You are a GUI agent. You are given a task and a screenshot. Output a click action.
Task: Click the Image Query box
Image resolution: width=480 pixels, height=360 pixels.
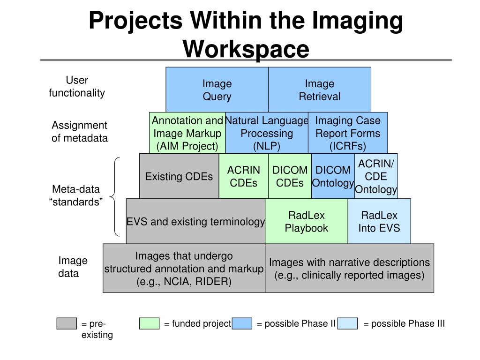coord(217,90)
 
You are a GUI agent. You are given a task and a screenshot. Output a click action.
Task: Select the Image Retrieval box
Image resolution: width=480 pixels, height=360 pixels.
coord(320,90)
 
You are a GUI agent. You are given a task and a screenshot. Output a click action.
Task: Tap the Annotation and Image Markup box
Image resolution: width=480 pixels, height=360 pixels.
coord(187,133)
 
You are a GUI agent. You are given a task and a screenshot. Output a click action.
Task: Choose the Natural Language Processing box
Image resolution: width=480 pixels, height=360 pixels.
coord(266,133)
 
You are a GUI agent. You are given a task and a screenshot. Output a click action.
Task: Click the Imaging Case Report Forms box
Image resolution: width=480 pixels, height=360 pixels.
coord(348,133)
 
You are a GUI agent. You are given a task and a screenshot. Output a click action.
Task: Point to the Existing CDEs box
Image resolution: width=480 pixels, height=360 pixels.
coord(179,176)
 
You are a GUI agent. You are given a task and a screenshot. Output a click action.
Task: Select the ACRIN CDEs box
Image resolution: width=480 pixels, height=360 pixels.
coord(243,176)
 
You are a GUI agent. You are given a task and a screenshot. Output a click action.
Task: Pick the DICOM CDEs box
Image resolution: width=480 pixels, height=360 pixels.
coord(290,176)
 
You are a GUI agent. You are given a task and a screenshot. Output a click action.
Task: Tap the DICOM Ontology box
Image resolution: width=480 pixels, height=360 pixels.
coord(333,176)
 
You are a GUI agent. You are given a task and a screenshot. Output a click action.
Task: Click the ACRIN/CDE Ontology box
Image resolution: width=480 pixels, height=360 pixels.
coord(376,176)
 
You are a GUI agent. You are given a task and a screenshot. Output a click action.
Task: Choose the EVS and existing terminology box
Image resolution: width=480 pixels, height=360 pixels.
coord(195,221)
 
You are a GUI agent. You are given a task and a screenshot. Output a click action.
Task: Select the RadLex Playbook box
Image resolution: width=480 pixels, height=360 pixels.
coord(307,221)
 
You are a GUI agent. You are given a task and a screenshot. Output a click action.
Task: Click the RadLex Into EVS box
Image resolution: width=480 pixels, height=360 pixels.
coord(379,221)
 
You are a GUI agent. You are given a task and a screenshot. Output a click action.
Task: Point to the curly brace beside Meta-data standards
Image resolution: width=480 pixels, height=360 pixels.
coord(116,197)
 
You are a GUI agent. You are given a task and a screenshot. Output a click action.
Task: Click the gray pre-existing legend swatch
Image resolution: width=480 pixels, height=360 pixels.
coord(66,323)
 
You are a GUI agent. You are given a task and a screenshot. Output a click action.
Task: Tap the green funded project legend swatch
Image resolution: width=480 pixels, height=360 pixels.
coord(149,323)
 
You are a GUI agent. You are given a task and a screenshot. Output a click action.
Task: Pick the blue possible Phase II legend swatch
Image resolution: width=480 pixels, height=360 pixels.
coord(242,323)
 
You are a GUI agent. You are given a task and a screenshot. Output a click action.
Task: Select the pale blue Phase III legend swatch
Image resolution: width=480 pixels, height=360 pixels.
coord(347,323)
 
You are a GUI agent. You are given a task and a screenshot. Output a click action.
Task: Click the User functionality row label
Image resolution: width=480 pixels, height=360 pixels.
coord(77,87)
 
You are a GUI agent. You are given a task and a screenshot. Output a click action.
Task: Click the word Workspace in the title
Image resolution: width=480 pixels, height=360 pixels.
coord(246,48)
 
